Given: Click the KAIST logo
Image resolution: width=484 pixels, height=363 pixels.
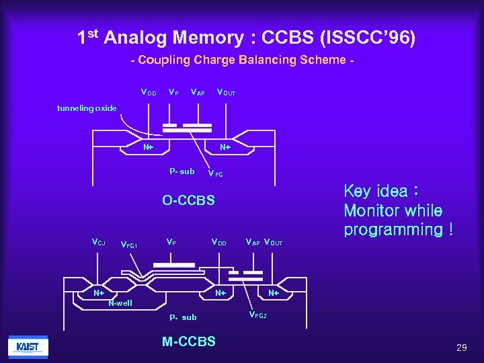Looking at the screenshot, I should click(x=28, y=347).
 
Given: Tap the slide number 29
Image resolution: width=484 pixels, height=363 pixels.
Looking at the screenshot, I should click(x=461, y=348).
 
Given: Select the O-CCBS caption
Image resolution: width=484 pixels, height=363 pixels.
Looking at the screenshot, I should click(x=188, y=200).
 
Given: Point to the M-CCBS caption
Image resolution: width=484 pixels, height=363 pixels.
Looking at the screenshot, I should click(x=189, y=341).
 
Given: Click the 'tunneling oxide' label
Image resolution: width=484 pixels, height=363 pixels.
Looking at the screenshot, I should click(x=87, y=108).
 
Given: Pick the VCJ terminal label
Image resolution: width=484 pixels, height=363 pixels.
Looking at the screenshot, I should click(x=98, y=241).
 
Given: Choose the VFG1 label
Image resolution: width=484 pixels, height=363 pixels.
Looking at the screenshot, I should click(x=128, y=245).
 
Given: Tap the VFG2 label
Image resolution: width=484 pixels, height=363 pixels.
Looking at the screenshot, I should click(x=257, y=315).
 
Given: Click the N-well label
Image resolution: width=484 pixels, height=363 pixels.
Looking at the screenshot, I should click(x=120, y=303).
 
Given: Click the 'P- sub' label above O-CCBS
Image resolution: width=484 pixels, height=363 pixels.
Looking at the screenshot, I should click(x=182, y=171).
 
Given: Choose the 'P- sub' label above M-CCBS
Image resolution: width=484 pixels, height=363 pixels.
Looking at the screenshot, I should click(x=183, y=317).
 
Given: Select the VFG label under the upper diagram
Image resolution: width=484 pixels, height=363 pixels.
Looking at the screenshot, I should click(x=215, y=173).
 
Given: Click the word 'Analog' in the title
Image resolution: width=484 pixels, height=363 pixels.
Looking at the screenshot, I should click(x=136, y=37).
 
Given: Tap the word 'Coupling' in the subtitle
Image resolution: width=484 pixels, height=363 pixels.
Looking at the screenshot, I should click(x=164, y=60).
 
